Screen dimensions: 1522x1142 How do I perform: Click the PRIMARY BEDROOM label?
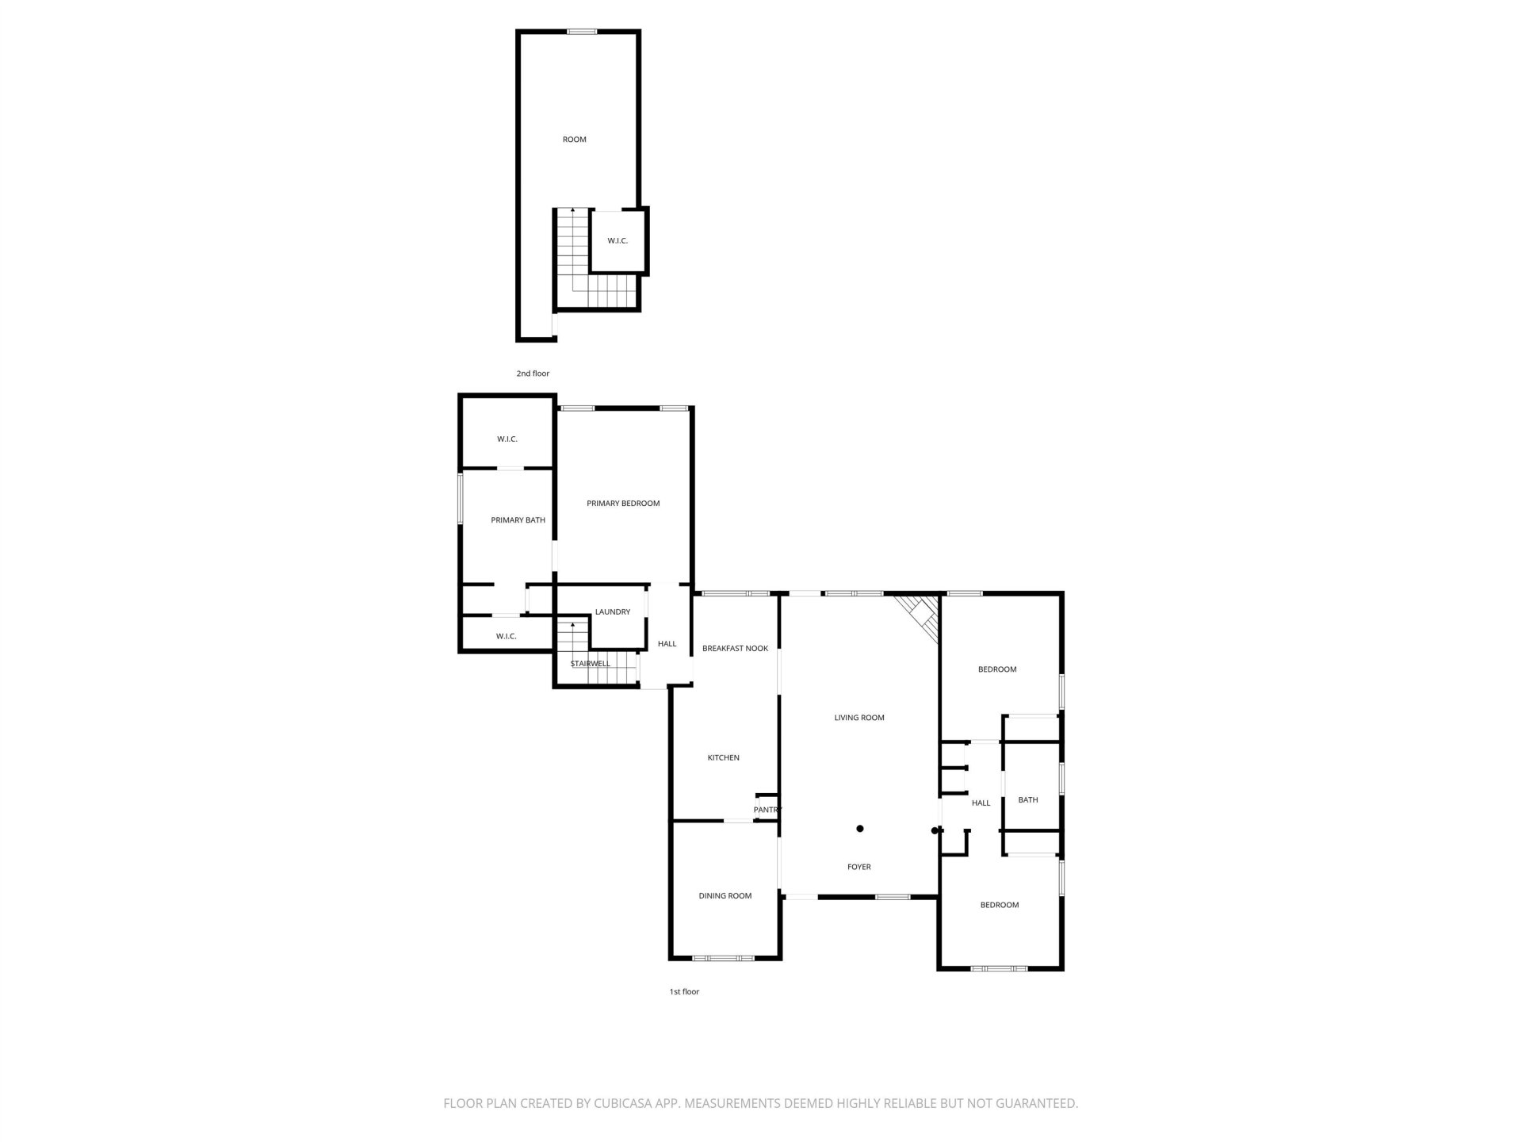[623, 504]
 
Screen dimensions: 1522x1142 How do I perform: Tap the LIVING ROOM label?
[859, 718]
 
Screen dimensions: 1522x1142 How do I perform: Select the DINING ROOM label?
[725, 896]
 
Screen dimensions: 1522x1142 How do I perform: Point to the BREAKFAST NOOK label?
[735, 649]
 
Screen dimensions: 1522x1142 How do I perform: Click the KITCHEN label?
[723, 758]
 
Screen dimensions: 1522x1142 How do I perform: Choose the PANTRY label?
[767, 810]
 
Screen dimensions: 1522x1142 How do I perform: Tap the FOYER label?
[859, 868]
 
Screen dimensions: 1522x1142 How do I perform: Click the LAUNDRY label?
[613, 612]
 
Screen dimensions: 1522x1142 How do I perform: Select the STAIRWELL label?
[591, 664]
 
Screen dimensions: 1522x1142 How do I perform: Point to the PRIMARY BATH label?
[518, 520]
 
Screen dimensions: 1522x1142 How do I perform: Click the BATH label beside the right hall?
[1028, 800]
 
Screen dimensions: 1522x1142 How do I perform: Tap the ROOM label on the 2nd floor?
[575, 140]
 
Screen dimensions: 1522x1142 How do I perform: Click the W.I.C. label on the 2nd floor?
[618, 241]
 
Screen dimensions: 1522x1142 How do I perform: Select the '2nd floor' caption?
[533, 374]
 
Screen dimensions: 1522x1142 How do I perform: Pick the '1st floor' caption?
[684, 992]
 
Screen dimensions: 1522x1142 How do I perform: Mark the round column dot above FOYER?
[860, 829]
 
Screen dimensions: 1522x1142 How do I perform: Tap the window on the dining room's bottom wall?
[723, 958]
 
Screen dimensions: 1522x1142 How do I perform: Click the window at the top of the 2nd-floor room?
[582, 32]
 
